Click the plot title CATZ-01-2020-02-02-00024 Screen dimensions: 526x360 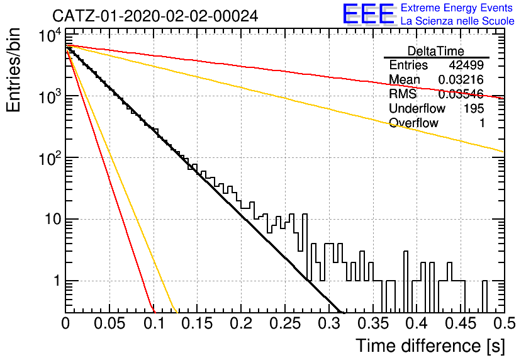point(155,16)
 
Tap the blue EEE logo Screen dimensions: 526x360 point(368,14)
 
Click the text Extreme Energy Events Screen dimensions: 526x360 point(457,8)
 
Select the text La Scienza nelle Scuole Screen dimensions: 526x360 point(457,21)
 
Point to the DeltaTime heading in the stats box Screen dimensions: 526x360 point(436,51)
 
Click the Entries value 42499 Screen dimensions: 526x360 point(466,65)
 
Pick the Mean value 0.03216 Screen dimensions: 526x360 point(461,79)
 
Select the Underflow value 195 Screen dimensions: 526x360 point(474,108)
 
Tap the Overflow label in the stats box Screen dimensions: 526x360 point(413,123)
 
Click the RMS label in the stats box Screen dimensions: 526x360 point(403,94)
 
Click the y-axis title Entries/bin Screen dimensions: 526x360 point(14,70)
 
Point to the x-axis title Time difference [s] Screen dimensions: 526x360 point(430,346)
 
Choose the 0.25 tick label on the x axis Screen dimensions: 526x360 point(286,323)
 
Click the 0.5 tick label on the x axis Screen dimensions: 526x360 point(504,323)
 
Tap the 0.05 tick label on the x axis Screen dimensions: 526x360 point(109,323)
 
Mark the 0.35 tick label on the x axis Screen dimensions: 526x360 point(373,323)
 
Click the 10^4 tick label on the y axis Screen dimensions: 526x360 point(50,35)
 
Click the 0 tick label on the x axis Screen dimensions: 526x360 point(65,323)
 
